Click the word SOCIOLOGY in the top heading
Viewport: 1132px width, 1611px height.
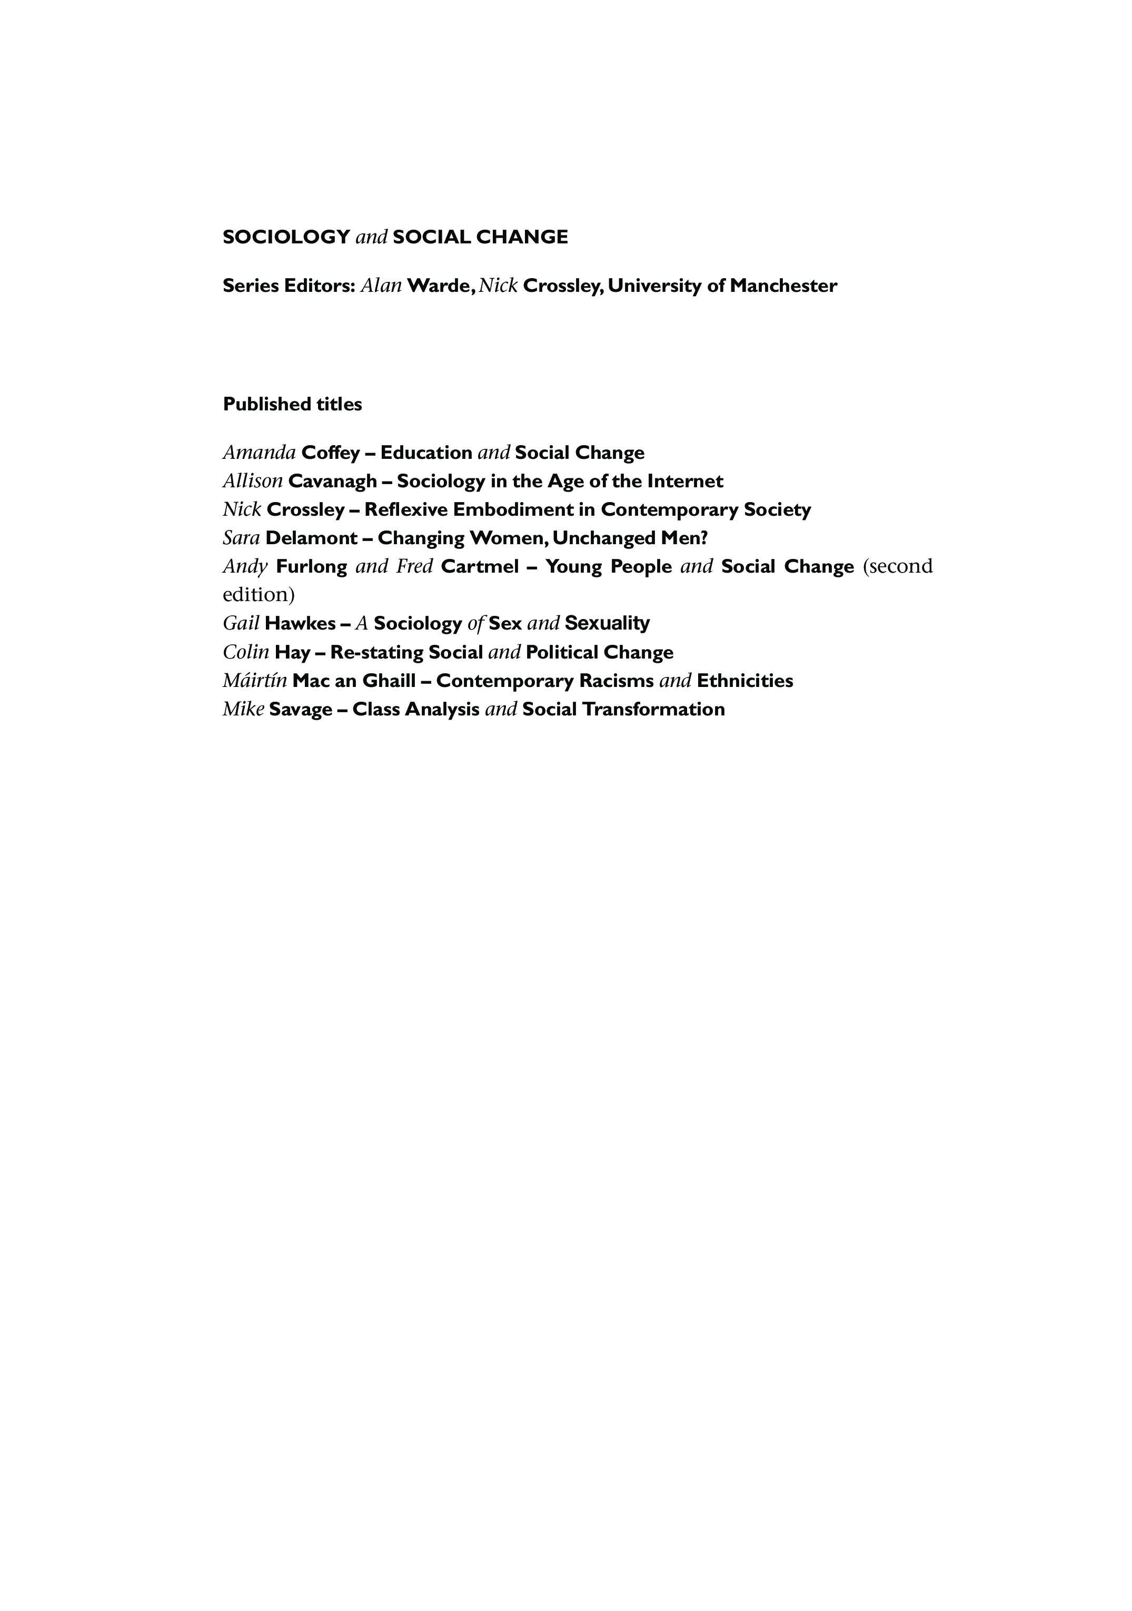tap(286, 237)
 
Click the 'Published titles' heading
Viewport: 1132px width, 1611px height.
tap(292, 404)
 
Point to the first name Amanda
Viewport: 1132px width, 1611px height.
tap(259, 453)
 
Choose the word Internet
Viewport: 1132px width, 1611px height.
tap(684, 482)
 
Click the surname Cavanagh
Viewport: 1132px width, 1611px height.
tap(332, 482)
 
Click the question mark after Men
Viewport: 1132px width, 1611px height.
tap(704, 538)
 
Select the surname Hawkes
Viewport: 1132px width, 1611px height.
tap(300, 623)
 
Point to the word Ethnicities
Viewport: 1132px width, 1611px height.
tap(745, 681)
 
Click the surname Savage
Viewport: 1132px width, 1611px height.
tap(300, 710)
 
